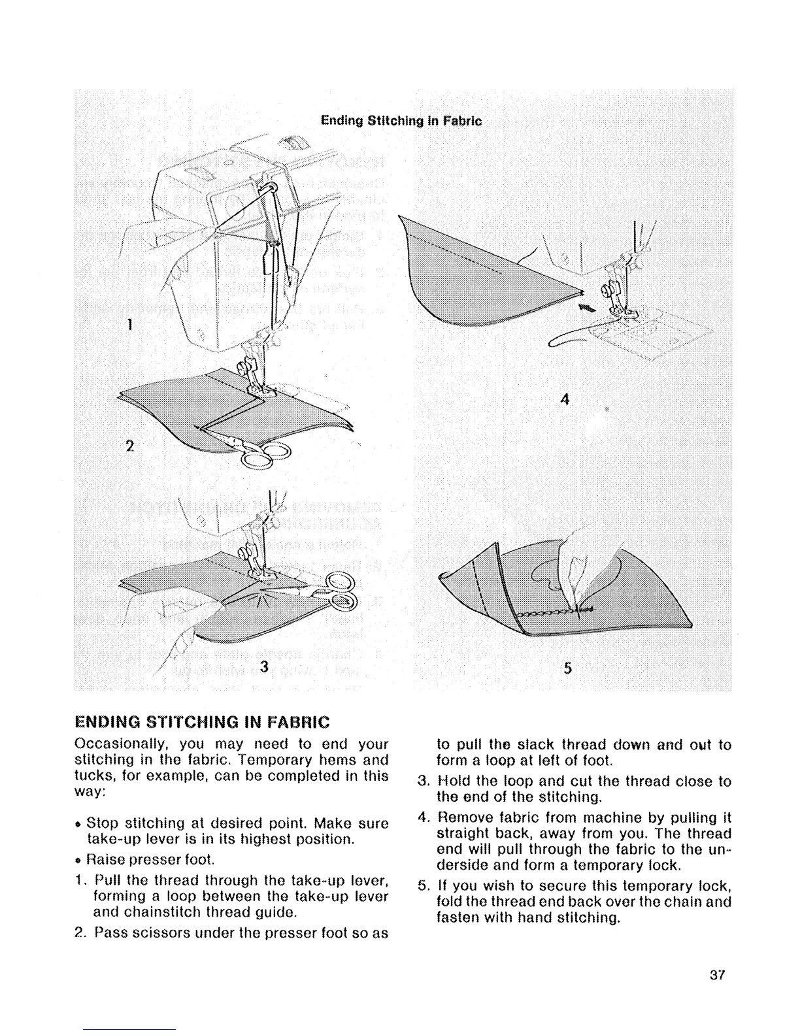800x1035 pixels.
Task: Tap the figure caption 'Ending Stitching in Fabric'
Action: (x=401, y=121)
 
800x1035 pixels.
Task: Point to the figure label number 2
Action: (x=129, y=446)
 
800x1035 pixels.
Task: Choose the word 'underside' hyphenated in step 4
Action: (x=718, y=849)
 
